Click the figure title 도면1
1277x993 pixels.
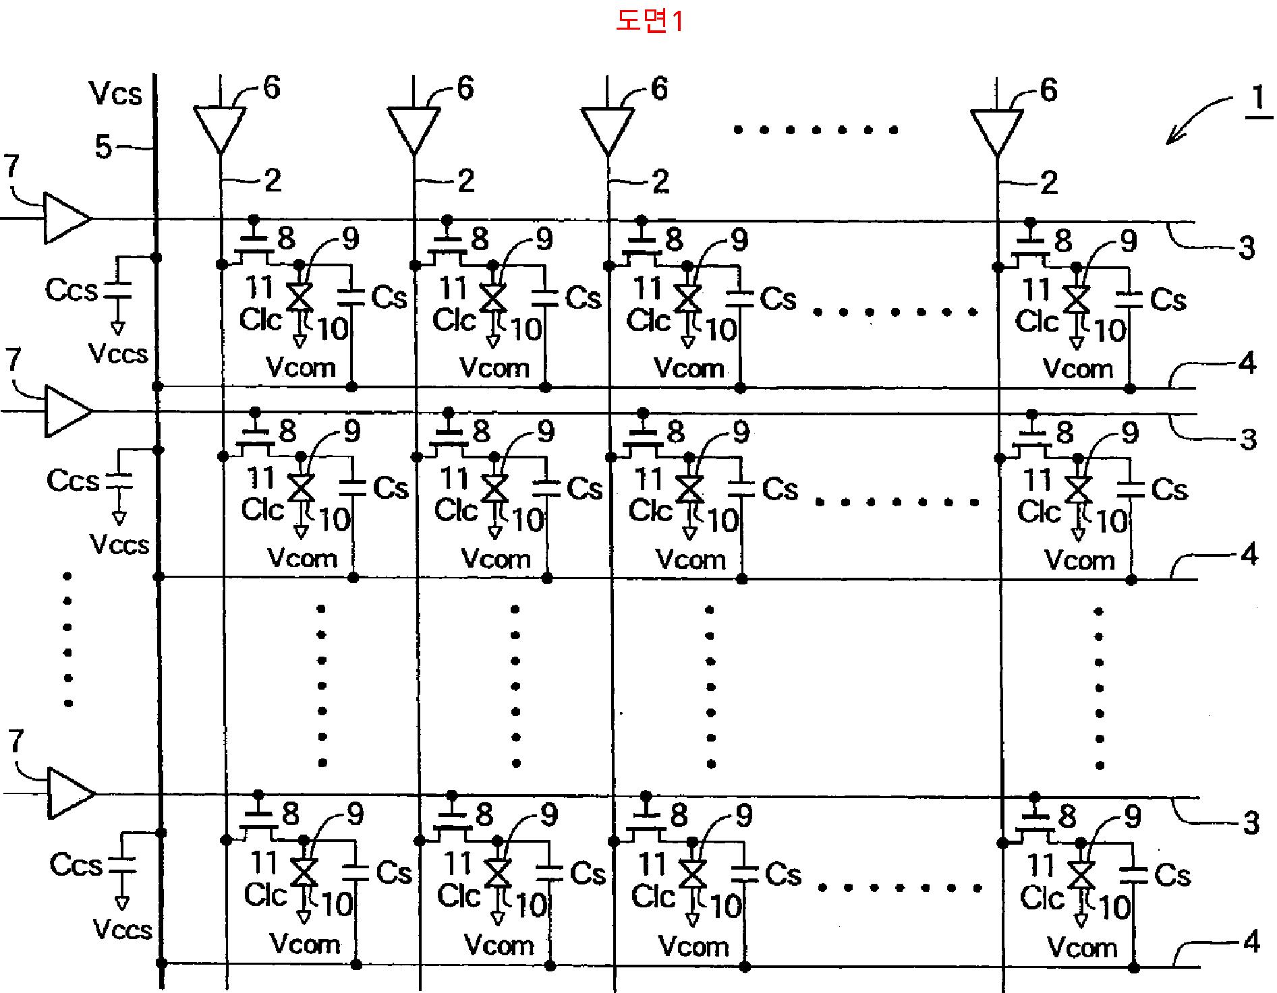coord(649,22)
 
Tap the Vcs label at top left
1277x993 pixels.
coord(115,94)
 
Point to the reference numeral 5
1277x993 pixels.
coord(103,146)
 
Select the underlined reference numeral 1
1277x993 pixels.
coord(1257,99)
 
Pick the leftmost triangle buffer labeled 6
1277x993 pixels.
coord(220,127)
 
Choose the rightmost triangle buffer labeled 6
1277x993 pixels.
coord(996,130)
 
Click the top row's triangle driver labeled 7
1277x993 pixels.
coord(65,218)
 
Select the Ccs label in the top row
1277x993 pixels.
coord(72,290)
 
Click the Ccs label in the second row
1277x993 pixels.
coord(73,481)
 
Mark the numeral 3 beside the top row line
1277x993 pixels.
coord(1247,248)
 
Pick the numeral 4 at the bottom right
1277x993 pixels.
coord(1251,941)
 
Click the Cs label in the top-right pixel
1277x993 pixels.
coord(1168,299)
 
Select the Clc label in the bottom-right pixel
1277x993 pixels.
coord(1041,898)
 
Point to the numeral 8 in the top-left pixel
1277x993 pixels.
coord(286,238)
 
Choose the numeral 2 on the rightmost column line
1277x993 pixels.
coord(1048,183)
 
